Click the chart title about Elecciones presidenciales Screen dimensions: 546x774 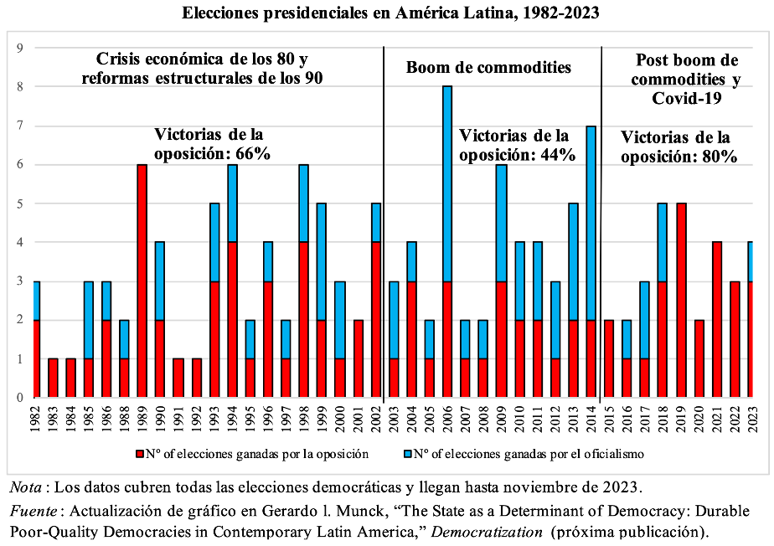[x=387, y=14]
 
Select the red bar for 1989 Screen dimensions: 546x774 [x=142, y=281]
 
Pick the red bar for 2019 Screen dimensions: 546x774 [x=680, y=301]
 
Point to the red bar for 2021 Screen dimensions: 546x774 [x=716, y=320]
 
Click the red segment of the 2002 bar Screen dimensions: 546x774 [x=376, y=320]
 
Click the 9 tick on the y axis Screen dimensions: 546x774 [x=18, y=48]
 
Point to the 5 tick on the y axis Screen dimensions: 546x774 [x=18, y=203]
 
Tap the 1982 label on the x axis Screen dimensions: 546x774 [x=35, y=420]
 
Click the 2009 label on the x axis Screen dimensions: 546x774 [x=501, y=420]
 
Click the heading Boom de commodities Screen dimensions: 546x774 [x=488, y=68]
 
